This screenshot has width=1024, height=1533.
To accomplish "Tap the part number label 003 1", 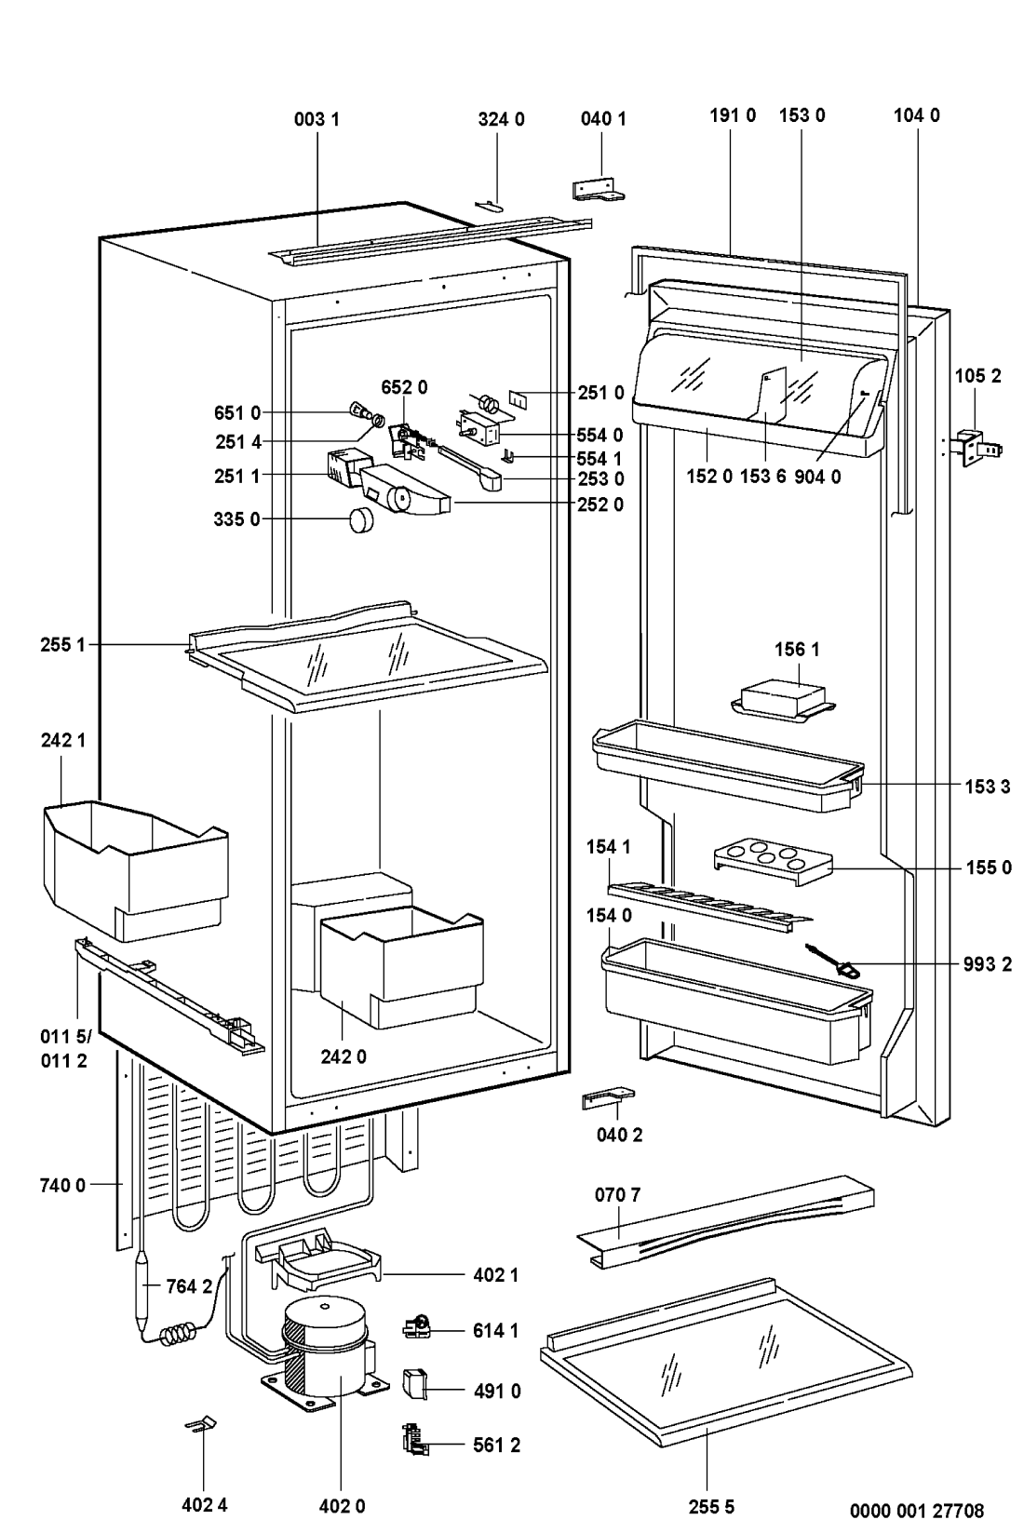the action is pyautogui.click(x=317, y=120).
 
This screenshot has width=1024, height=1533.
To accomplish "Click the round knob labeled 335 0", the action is pyautogui.click(x=361, y=519).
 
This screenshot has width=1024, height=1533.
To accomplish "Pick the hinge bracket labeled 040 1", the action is pyautogui.click(x=599, y=190).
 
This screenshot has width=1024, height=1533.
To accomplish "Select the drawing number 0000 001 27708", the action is pyautogui.click(x=917, y=1511).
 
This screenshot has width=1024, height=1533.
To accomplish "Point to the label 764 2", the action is pyautogui.click(x=190, y=1286).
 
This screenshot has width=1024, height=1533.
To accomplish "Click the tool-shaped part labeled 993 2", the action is pyautogui.click(x=831, y=960).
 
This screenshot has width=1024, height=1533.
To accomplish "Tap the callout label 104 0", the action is pyautogui.click(x=917, y=115).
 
